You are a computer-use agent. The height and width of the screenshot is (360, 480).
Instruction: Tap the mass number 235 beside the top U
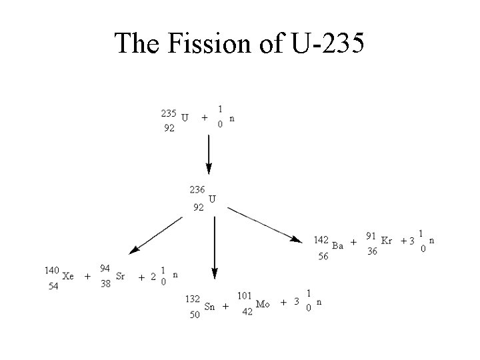(x=169, y=113)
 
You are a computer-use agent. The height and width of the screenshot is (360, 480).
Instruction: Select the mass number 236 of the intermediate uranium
(x=197, y=189)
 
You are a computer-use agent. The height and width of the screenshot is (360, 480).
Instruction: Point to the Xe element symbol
(x=68, y=276)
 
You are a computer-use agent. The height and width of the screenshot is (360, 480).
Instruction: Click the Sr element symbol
(x=120, y=276)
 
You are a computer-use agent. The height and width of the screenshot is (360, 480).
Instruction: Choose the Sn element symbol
(x=209, y=307)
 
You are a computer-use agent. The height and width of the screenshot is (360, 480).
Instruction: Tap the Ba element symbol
(x=337, y=245)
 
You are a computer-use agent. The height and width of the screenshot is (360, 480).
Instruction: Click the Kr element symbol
(x=386, y=241)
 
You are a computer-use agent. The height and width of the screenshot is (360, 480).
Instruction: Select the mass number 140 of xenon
(x=52, y=270)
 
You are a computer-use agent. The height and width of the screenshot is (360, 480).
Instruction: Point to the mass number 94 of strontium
(x=105, y=268)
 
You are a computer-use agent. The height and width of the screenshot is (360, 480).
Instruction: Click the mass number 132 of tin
(x=193, y=299)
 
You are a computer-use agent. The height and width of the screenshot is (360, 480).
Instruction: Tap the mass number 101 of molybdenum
(x=245, y=295)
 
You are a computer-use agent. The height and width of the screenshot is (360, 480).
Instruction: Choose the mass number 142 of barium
(x=321, y=240)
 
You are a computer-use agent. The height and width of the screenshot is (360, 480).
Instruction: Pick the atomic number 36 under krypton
(x=372, y=251)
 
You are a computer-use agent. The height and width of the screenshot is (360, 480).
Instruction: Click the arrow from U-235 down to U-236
(x=209, y=154)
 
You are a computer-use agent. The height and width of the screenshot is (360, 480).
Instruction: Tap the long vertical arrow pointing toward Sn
(x=214, y=247)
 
